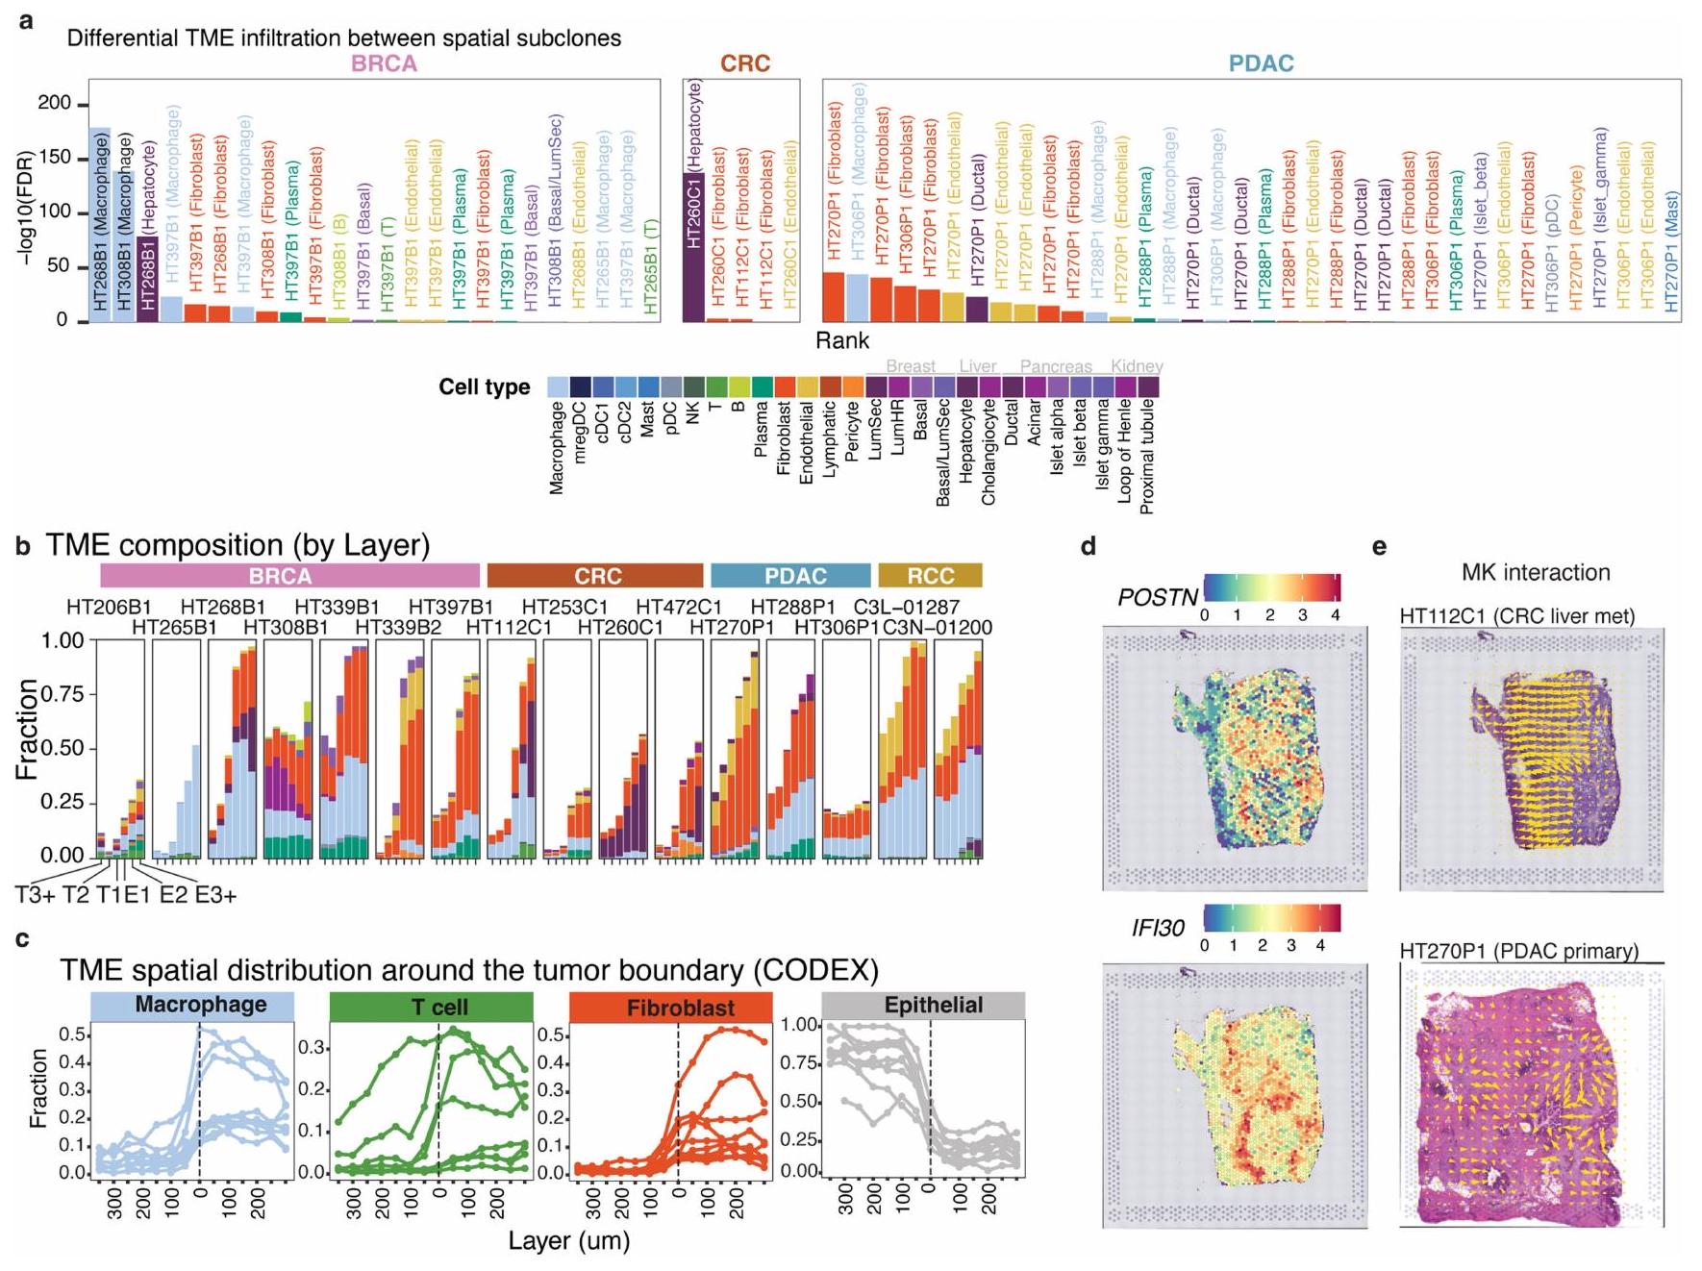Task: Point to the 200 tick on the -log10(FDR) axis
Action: (x=54, y=103)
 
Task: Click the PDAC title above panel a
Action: (x=1261, y=63)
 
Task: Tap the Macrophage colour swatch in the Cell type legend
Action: (x=558, y=386)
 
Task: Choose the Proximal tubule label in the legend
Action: (x=1148, y=457)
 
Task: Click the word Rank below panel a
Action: (x=842, y=340)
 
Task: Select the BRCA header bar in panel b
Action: (x=289, y=576)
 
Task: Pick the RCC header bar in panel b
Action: (x=930, y=576)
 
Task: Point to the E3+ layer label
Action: (x=215, y=895)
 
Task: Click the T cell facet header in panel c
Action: (x=431, y=1007)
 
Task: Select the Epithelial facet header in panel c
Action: (x=932, y=1006)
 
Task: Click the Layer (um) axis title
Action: (x=569, y=1241)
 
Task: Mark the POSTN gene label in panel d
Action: (x=1157, y=598)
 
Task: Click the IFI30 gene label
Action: (x=1158, y=928)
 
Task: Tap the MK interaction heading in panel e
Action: (x=1535, y=573)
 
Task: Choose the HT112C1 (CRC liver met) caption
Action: (x=1516, y=616)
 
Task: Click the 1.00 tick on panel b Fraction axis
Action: (x=63, y=640)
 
